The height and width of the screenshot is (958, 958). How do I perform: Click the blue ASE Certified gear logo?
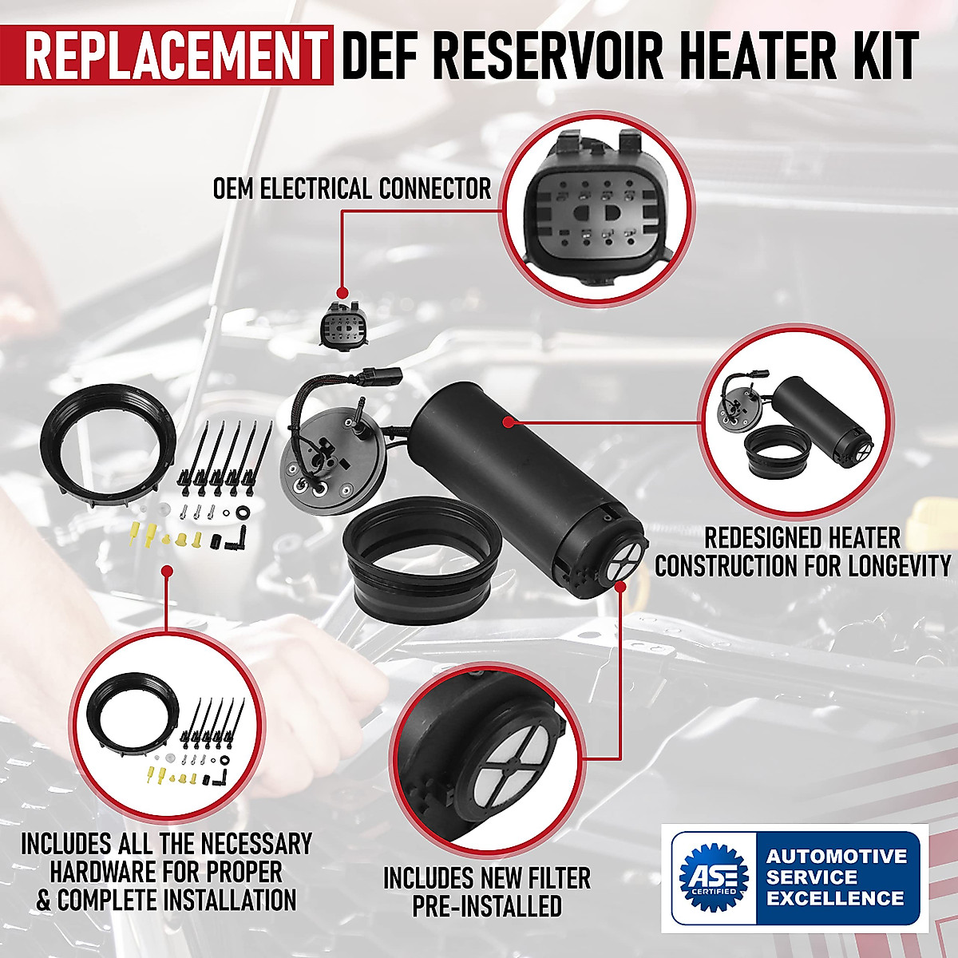713,877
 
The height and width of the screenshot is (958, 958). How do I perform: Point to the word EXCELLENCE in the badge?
836,897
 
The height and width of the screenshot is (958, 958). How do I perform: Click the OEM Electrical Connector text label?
351,189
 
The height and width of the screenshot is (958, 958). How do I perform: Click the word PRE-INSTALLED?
487,907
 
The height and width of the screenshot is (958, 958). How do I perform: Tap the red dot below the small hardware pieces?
167,572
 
